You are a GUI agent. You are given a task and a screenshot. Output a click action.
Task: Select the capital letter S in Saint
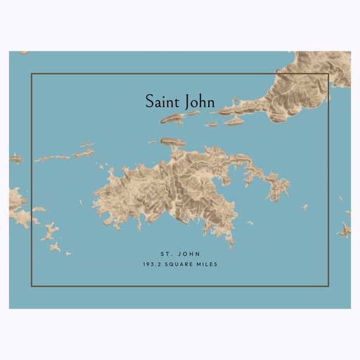[150, 101]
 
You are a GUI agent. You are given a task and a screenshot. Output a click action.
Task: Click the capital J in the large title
[188, 102]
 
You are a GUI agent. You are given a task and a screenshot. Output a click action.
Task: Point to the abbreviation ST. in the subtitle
[165, 251]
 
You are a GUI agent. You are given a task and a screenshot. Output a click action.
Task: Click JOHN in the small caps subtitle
[186, 251]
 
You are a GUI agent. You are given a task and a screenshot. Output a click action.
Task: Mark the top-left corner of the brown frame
[31, 74]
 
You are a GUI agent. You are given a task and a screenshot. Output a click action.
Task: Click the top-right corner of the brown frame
[329, 74]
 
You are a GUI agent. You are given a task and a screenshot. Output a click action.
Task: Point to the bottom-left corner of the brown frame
[31, 286]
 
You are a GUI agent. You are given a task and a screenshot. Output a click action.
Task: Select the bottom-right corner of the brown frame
[329, 286]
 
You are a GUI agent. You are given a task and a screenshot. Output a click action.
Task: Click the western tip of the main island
[94, 198]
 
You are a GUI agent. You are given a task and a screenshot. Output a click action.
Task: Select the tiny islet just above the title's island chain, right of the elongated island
[211, 124]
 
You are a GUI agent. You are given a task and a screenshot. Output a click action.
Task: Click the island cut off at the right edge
[345, 229]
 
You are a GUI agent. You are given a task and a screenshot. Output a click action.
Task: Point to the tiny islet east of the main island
[304, 207]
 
